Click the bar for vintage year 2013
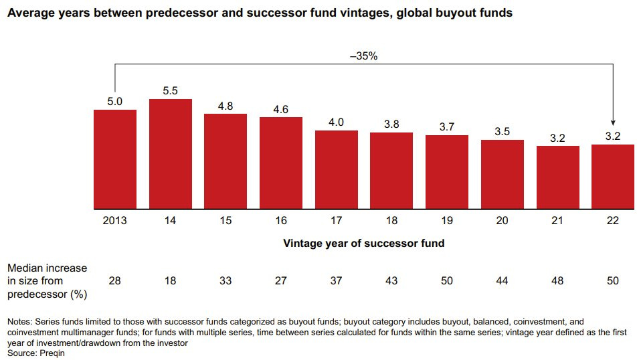[115, 159]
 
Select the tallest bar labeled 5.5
[171, 154]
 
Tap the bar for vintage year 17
[337, 169]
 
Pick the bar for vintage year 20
[503, 174]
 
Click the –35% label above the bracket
[364, 57]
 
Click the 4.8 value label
[225, 106]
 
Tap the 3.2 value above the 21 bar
[557, 138]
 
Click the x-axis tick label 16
[281, 220]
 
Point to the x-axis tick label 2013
[115, 220]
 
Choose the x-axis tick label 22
[613, 220]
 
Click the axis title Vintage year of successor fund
[364, 244]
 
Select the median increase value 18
[171, 281]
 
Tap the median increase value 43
[392, 281]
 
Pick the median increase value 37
[337, 281]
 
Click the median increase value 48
[557, 281]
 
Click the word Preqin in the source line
[51, 353]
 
